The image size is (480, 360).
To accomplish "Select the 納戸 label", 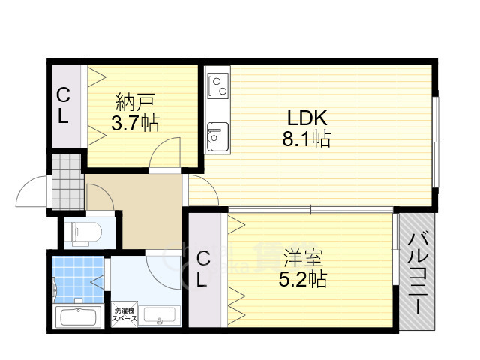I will tap(136, 100).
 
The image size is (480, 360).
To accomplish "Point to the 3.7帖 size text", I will tap(136, 122).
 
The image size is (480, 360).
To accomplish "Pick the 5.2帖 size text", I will tap(304, 280).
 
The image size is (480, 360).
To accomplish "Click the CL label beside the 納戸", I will tap(64, 106).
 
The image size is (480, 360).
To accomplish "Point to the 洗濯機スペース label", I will tap(124, 314).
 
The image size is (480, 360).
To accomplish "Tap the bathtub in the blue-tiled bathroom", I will tap(78, 316).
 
